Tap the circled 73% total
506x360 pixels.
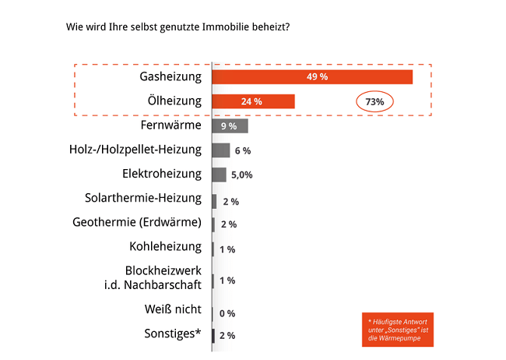[375, 102]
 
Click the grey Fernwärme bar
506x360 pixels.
[230, 125]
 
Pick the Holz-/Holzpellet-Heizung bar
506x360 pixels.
[221, 150]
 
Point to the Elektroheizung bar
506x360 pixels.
[220, 175]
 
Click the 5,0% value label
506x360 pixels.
[242, 175]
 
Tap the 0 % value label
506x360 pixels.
[227, 313]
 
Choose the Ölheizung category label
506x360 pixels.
[174, 101]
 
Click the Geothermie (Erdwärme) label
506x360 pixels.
[136, 223]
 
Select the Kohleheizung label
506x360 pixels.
[165, 248]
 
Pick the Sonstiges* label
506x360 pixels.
[171, 334]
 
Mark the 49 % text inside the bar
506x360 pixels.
[317, 76]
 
